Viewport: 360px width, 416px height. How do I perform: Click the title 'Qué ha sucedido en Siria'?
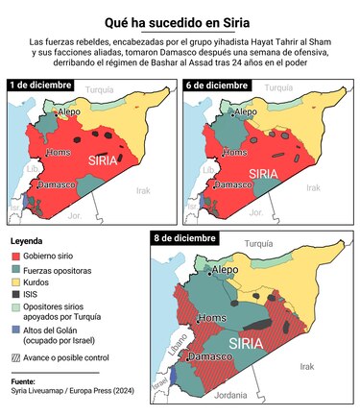(180, 23)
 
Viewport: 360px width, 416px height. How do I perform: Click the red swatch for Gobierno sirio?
(15, 257)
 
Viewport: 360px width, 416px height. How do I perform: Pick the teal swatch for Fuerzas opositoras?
(15, 271)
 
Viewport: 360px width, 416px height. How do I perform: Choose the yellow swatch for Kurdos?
(15, 284)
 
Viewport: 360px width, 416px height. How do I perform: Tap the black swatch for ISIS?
(15, 298)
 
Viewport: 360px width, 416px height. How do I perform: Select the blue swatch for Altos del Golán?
(15, 330)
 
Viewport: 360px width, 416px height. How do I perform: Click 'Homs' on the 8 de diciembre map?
(210, 318)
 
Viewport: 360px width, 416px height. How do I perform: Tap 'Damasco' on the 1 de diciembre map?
(59, 184)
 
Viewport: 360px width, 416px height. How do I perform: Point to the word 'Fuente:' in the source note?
(23, 381)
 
